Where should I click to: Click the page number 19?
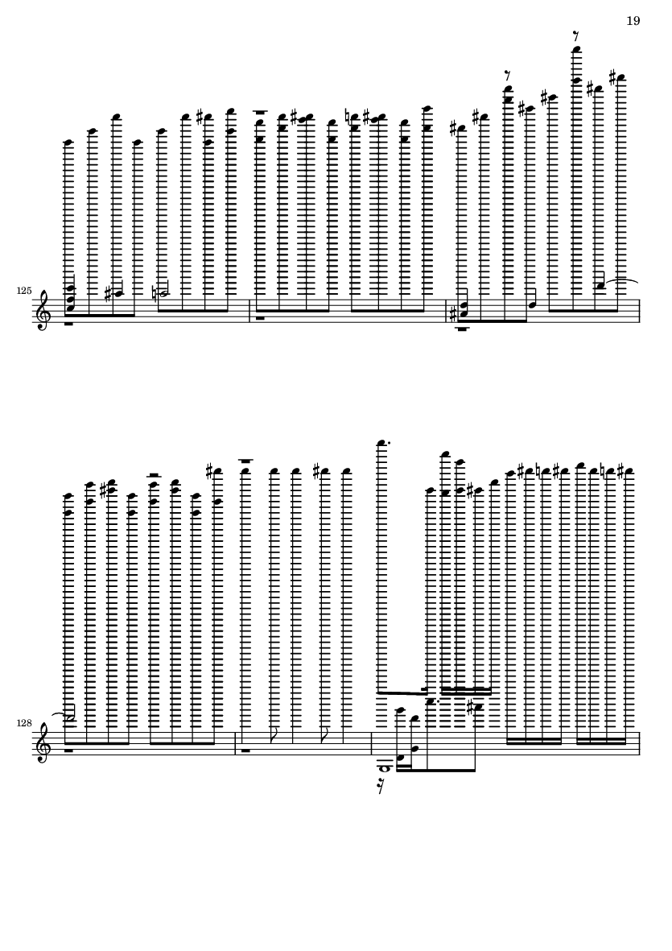(633, 21)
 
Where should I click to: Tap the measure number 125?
(24, 292)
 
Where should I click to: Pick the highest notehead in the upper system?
(577, 50)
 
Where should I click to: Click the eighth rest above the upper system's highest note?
(575, 37)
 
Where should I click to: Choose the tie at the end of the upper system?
(621, 281)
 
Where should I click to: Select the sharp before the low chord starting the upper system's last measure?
(451, 314)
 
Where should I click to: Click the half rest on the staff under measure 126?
(261, 317)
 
